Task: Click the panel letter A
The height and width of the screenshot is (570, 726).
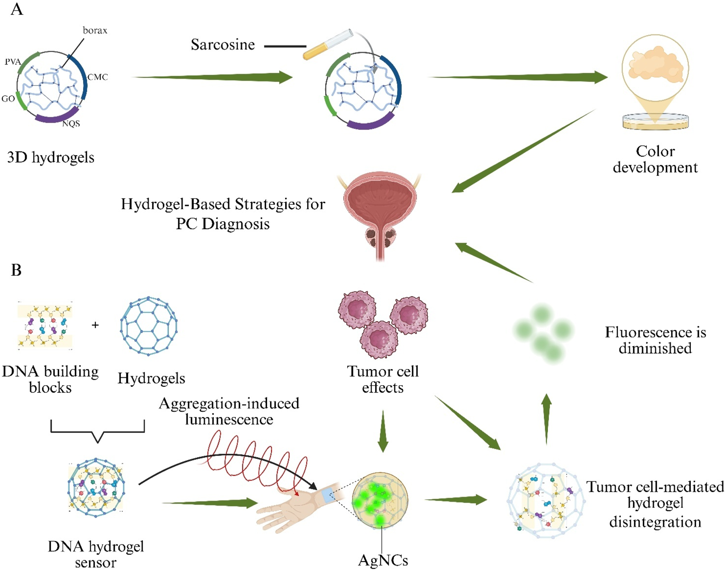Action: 17,9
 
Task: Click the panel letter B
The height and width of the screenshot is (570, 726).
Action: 16,270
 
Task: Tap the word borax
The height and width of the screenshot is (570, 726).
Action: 95,30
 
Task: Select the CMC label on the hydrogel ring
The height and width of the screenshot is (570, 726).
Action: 98,77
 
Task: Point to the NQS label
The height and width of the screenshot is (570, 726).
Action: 71,123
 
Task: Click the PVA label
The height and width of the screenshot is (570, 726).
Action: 13,62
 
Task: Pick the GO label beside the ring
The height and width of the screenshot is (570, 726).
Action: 8,99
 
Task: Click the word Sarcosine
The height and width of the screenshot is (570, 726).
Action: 222,45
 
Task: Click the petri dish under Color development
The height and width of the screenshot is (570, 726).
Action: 655,121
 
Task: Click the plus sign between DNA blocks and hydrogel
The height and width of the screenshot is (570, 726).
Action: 95,325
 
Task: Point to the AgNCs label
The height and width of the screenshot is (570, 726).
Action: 383,560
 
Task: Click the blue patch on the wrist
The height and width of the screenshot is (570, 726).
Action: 328,495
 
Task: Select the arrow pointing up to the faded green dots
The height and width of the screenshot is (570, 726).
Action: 546,418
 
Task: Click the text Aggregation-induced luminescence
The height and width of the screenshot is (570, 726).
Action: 229,411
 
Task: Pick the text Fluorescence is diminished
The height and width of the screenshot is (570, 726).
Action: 655,340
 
